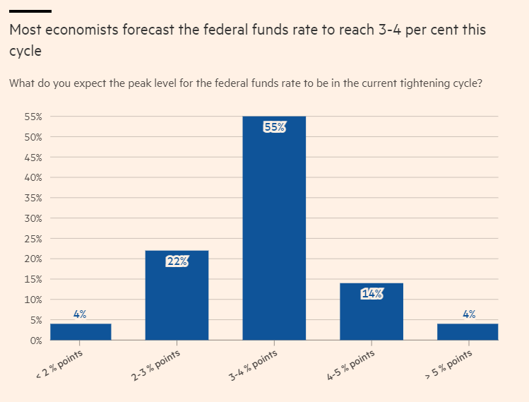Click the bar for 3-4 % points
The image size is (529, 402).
(274, 233)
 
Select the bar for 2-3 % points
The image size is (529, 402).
(177, 297)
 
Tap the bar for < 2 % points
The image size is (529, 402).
(81, 332)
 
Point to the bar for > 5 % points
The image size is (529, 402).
(468, 332)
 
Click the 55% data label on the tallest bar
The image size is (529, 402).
(274, 127)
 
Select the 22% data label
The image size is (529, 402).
(177, 261)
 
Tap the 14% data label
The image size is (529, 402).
(372, 295)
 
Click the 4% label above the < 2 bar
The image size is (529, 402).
(80, 314)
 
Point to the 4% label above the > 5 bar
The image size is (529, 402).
(469, 314)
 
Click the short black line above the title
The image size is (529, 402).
(30, 11)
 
